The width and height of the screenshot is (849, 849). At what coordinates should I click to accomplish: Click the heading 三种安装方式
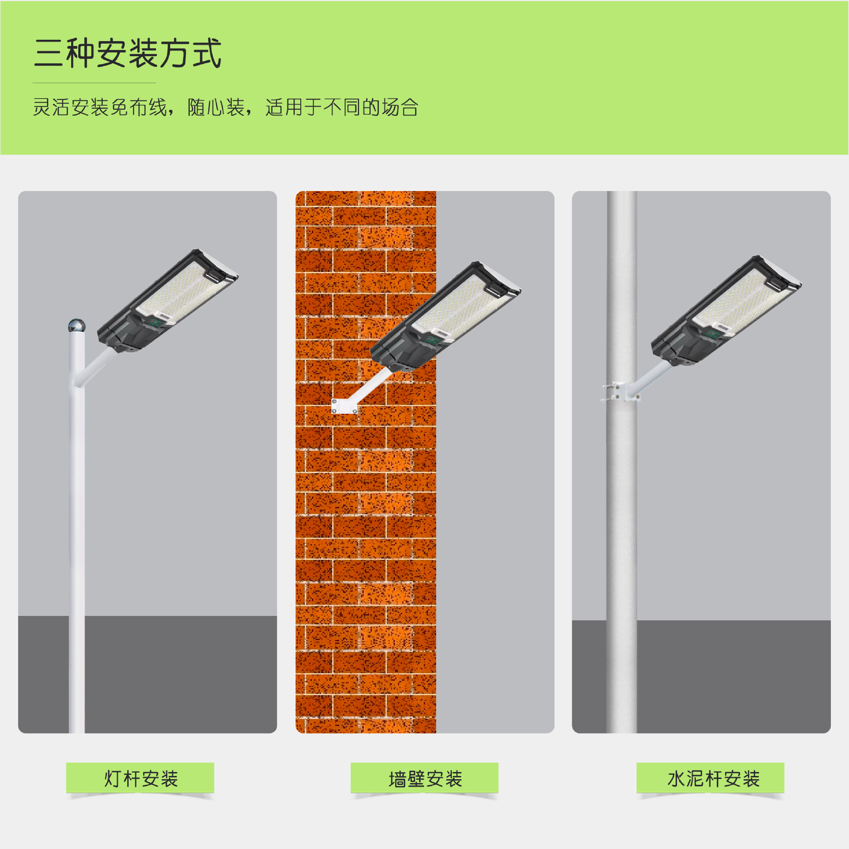pos(127,53)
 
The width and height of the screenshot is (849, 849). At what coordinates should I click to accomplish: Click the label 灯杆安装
pos(141,779)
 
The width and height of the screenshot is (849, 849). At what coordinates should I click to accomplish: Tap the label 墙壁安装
pos(425,779)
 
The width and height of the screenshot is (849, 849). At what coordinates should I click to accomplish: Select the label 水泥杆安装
pos(713,779)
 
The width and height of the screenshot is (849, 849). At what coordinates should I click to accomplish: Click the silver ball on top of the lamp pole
pos(76,326)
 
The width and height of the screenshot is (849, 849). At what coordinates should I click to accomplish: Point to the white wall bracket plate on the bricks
pos(344,406)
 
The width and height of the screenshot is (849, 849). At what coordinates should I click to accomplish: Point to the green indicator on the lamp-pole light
pos(155,322)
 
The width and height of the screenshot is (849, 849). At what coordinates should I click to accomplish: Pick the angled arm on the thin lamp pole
pos(95,367)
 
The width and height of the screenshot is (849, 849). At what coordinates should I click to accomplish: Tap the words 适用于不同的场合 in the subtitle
pos(341,107)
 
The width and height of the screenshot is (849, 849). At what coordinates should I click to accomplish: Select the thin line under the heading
pos(94,83)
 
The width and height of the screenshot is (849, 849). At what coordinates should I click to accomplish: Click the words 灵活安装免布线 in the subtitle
pos(100,107)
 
